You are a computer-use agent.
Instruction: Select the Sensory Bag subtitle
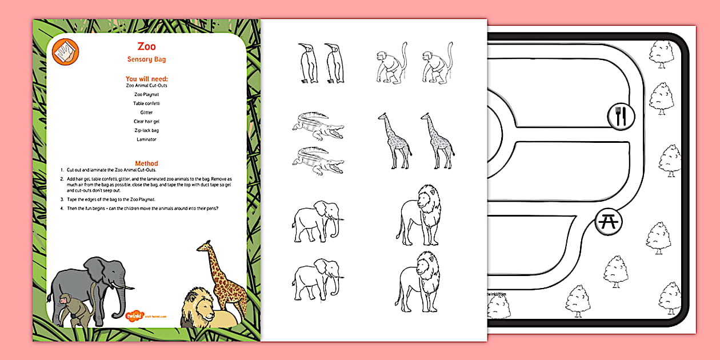146,59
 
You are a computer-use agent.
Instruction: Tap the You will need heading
147,79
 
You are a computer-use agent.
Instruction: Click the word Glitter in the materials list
146,113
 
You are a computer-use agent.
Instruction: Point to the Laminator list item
146,139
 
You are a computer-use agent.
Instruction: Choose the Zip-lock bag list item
146,130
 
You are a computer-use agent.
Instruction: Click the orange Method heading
146,163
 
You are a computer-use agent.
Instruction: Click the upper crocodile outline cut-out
317,126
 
